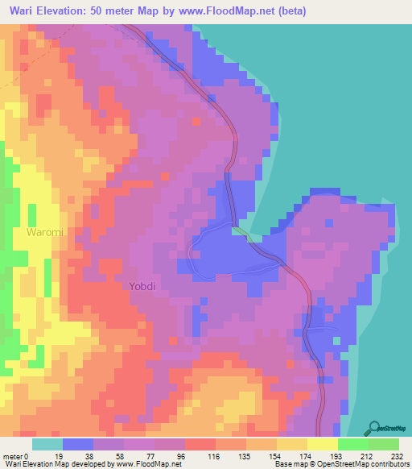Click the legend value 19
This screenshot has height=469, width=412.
coord(62,455)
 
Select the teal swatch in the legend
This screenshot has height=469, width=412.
coord(47,444)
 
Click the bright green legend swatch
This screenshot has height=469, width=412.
coord(353,444)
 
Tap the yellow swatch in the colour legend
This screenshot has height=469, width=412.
coord(323,444)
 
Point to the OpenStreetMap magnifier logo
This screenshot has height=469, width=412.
coord(373,427)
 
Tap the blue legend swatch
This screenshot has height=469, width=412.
coord(78,444)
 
